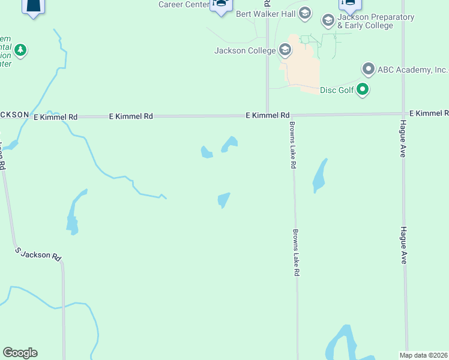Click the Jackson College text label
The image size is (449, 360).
[x=245, y=50]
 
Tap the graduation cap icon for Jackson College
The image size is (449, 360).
[x=285, y=50]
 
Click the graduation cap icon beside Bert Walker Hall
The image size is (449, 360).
[x=304, y=13]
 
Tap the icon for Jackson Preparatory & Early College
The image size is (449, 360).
[x=328, y=21]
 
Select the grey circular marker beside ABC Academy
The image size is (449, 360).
[x=368, y=69]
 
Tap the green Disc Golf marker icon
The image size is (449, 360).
[x=362, y=91]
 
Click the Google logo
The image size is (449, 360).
[x=20, y=353]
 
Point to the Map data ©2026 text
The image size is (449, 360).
[x=424, y=355]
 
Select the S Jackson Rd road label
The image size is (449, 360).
[x=39, y=254]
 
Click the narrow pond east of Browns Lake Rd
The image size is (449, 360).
[x=320, y=176]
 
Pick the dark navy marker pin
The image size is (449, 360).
[x=33, y=7]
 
